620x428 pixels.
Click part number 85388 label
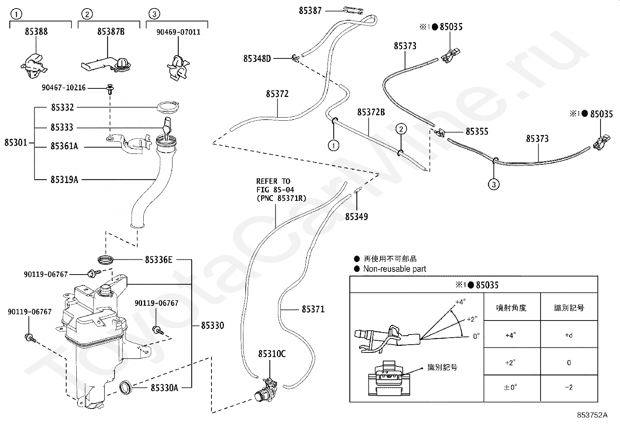point(36,32)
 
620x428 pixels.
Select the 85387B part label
point(111,32)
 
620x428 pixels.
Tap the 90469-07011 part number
point(178,32)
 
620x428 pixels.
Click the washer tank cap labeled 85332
point(168,107)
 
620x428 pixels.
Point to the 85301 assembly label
point(16,143)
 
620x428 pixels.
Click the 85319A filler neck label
point(64,180)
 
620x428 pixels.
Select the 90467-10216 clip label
point(63,88)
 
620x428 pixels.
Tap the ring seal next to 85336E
point(106,260)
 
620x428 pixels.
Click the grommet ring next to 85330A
point(126,387)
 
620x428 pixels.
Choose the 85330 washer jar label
point(213,325)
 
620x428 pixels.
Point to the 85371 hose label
point(313,309)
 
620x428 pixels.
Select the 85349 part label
point(356,217)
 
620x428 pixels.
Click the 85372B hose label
point(371,112)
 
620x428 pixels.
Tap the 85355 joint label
point(477,132)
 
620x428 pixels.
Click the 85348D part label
point(257,59)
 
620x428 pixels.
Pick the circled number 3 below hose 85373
point(494,184)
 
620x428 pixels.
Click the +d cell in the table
point(569,335)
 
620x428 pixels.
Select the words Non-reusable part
point(395,269)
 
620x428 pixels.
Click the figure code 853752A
point(592,415)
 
